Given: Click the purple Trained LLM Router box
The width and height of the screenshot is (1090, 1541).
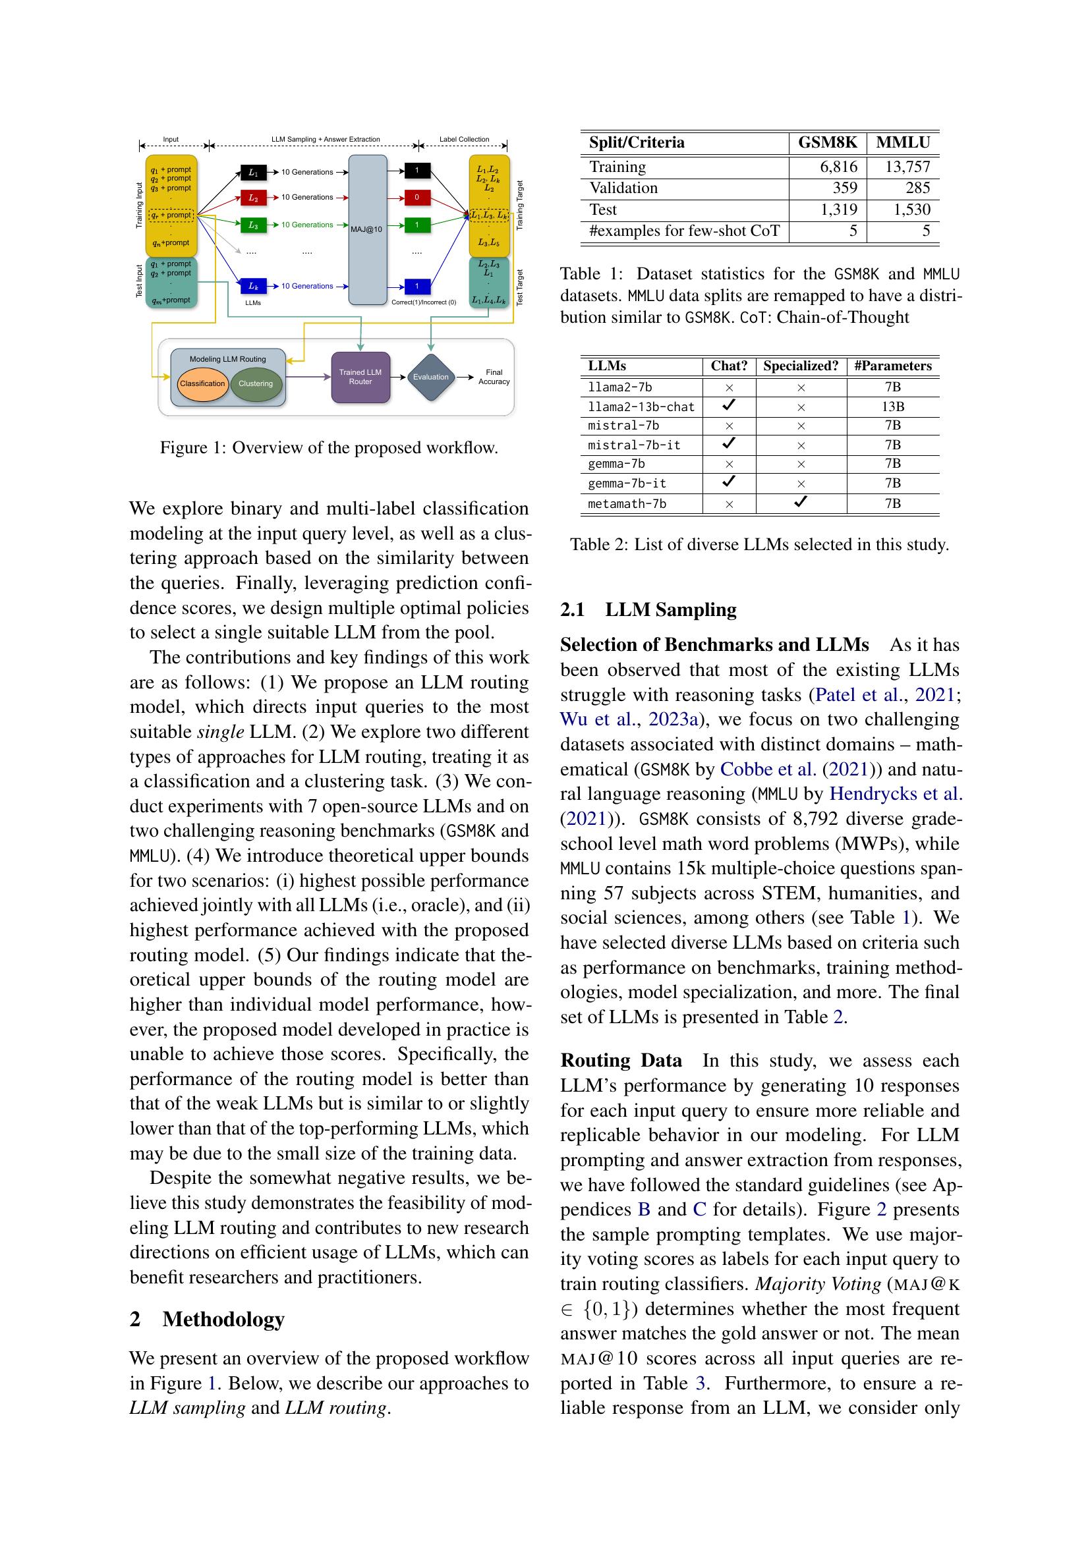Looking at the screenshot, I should (360, 378).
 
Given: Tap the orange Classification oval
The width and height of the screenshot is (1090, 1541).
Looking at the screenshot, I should (202, 384).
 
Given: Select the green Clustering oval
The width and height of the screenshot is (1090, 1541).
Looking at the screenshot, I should (256, 384).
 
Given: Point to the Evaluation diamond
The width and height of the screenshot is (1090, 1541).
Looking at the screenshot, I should (430, 378).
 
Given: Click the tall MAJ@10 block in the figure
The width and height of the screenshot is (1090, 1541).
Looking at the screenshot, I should (368, 229).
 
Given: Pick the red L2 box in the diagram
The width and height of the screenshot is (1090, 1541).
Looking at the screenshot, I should (253, 198).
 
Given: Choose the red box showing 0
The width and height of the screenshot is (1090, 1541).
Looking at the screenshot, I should (416, 198).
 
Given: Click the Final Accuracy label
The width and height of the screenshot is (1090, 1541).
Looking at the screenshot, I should (494, 378).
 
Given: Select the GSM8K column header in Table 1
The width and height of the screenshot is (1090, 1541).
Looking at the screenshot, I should (827, 142).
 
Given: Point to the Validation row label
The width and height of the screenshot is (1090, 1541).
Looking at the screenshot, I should (623, 188).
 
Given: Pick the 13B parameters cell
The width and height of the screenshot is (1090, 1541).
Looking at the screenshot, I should (893, 406).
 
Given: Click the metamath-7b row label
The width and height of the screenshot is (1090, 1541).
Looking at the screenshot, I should (627, 504).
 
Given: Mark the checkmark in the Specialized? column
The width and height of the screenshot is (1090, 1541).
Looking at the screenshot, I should (801, 502).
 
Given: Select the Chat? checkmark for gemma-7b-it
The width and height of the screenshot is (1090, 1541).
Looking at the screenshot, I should (729, 482).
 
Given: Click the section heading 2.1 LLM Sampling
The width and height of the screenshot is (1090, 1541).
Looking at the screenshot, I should (648, 609).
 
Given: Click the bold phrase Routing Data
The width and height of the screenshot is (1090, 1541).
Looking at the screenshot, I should (621, 1061).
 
